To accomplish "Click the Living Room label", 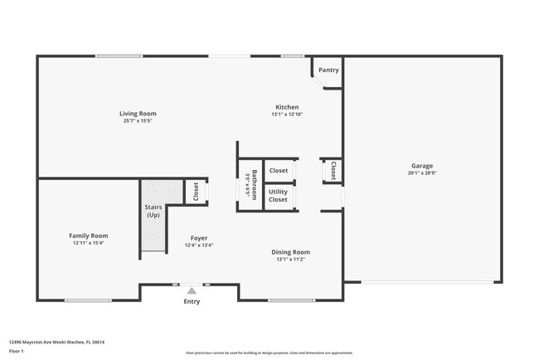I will [x=138, y=114].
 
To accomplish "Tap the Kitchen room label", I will [x=287, y=107].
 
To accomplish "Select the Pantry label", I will [x=328, y=70].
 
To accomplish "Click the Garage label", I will [x=422, y=166].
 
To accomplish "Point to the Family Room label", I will [x=88, y=236].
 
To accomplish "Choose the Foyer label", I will [x=199, y=238].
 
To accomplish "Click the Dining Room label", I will [x=291, y=252].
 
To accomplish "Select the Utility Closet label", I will [x=279, y=196].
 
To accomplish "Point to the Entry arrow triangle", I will [x=192, y=290].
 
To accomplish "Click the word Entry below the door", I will [x=192, y=301].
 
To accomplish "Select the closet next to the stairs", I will [x=196, y=192].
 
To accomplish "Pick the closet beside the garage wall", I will [x=333, y=170].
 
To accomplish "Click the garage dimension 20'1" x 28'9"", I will [x=422, y=173].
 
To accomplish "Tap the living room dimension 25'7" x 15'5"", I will [x=138, y=121].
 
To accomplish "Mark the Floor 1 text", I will [x=17, y=351].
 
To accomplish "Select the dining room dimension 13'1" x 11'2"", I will [x=291, y=260].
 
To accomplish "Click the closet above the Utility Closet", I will [x=279, y=170].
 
